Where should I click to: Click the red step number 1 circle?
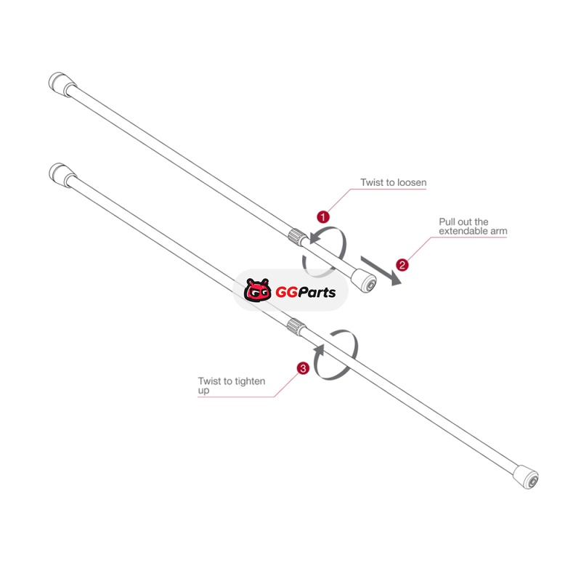click(x=323, y=216)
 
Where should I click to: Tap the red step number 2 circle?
click(x=402, y=265)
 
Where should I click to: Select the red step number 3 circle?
click(x=303, y=368)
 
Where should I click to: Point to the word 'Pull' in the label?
click(x=446, y=222)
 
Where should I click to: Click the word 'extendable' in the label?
click(x=463, y=231)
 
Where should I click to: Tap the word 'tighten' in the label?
click(x=250, y=381)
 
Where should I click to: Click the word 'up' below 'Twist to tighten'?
click(x=203, y=391)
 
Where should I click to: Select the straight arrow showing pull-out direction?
click(x=381, y=271)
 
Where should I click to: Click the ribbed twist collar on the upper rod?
click(x=297, y=237)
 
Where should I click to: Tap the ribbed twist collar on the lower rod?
click(x=296, y=326)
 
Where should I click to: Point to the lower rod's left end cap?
click(x=62, y=175)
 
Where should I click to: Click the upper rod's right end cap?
click(x=364, y=280)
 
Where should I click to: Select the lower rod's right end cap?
click(x=526, y=477)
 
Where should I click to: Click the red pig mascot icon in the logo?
click(x=257, y=290)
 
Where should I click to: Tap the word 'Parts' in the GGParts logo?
click(x=317, y=293)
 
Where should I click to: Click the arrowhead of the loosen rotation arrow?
click(x=314, y=237)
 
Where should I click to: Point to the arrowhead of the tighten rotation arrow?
click(x=320, y=350)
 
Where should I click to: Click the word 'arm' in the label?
click(x=499, y=232)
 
